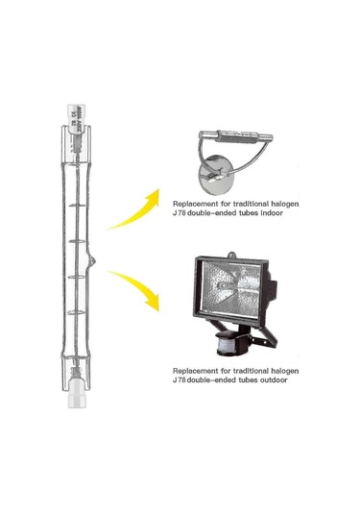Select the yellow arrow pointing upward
[133, 208]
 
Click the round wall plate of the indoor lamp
[209, 174]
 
